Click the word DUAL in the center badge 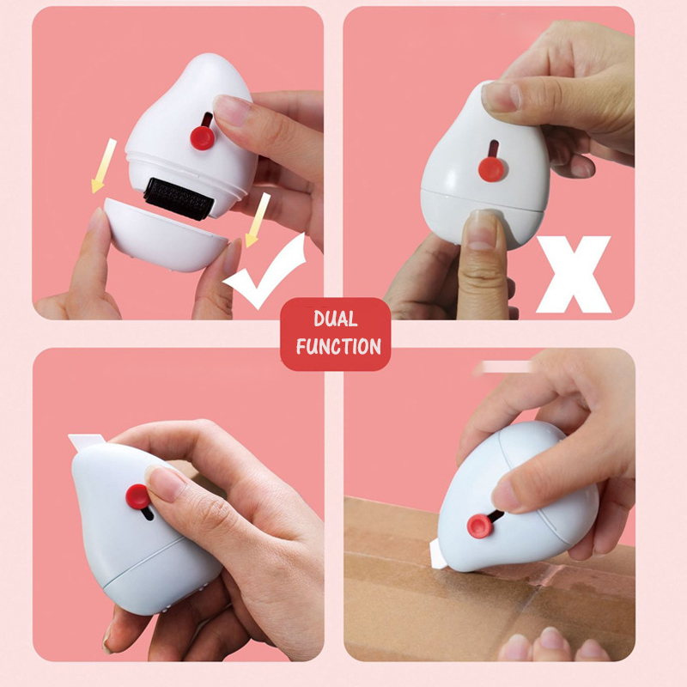click(x=335, y=319)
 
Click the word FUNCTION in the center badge click(x=338, y=347)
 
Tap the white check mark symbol click(x=266, y=272)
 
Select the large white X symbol click(x=574, y=274)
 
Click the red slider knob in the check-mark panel click(x=203, y=137)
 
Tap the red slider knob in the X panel click(x=491, y=169)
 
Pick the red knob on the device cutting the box click(x=478, y=526)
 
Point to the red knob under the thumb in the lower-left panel click(x=138, y=496)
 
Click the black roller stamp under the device click(x=179, y=198)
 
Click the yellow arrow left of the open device click(x=104, y=166)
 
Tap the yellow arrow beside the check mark click(x=257, y=220)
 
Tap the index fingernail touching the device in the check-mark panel click(x=231, y=111)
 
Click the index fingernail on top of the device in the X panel click(x=501, y=96)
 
